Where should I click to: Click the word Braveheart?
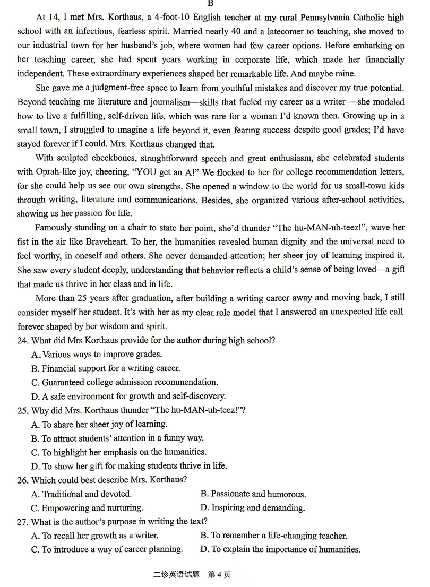pyautogui.click(x=130, y=241)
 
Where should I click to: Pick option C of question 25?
pyautogui.click(x=118, y=452)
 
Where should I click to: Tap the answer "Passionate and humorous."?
pyautogui.click(x=253, y=494)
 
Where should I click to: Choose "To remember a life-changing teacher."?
pyautogui.click(x=273, y=536)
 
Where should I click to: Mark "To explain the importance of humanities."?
pyautogui.click(x=280, y=549)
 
